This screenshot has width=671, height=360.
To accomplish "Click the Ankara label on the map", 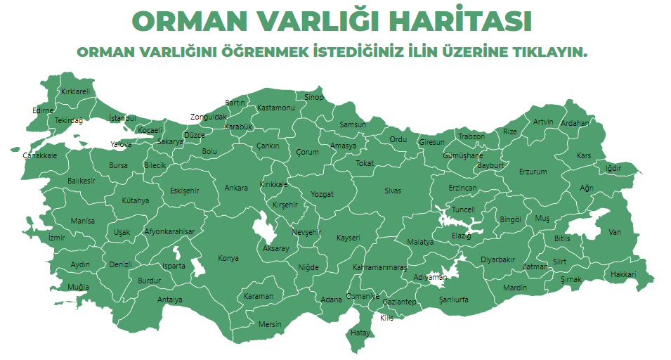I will (x=236, y=188).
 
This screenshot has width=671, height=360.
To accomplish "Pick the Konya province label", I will (x=228, y=258).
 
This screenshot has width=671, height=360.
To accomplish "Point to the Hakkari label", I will (x=623, y=274).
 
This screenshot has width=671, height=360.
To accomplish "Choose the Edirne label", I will (x=43, y=110).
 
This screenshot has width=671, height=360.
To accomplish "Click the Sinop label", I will (x=314, y=97).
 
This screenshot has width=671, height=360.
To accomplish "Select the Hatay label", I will (x=360, y=332).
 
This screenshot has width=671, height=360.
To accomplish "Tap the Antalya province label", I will (x=169, y=300).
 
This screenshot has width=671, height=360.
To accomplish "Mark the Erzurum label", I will (x=533, y=172).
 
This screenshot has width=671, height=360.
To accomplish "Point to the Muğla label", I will (x=78, y=287).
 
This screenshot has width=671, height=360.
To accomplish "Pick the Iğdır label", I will (x=613, y=168).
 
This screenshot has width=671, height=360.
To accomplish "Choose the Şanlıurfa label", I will (x=453, y=300).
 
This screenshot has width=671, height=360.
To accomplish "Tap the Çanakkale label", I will (x=40, y=155).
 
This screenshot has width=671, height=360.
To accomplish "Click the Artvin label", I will (x=543, y=122).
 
